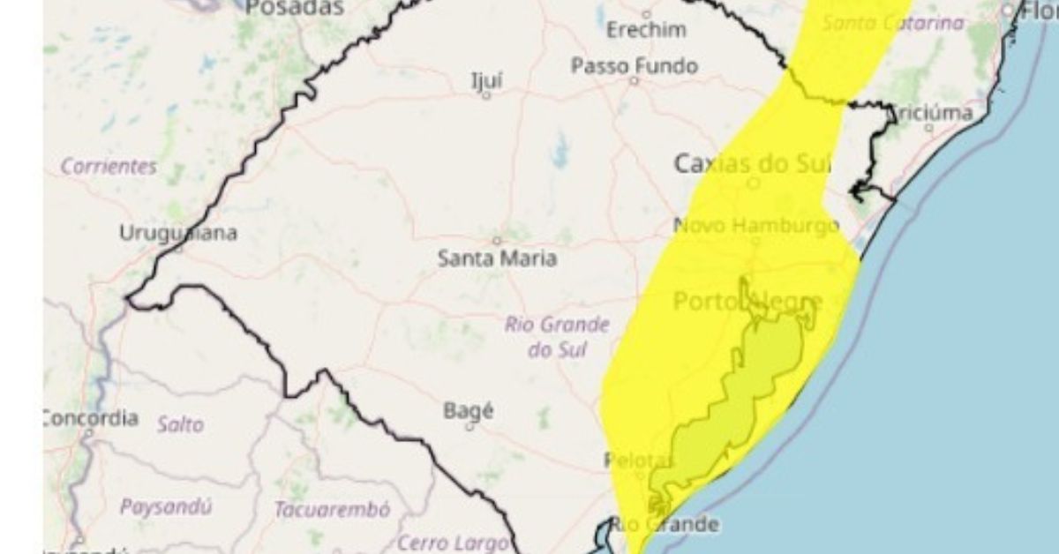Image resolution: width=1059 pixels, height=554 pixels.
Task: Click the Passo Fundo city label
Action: coord(634,66)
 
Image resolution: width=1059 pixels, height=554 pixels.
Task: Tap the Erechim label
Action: coord(646,30)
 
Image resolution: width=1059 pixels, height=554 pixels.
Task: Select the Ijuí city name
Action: coord(486,80)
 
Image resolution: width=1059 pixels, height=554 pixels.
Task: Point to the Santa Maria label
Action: coord(498,258)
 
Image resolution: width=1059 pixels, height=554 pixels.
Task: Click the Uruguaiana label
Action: coord(178,234)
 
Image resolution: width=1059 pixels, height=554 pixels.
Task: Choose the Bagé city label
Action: coord(469,410)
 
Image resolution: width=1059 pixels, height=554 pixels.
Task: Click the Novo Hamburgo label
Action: coord(756,226)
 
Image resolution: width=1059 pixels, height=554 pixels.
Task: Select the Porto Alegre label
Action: coord(748,302)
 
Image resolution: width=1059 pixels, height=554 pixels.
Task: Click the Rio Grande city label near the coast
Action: coord(665,524)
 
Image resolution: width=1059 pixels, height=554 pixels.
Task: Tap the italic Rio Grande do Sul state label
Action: coord(557,336)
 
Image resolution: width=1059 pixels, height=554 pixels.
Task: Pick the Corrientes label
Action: coord(109,166)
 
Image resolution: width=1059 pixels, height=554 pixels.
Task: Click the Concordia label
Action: coord(90,417)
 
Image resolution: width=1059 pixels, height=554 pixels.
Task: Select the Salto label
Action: coord(180,424)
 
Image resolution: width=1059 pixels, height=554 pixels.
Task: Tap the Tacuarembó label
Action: coord(332,510)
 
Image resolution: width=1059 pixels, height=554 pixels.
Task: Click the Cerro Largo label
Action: coord(453,543)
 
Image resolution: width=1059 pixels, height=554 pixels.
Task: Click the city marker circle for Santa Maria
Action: coord(497,240)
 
